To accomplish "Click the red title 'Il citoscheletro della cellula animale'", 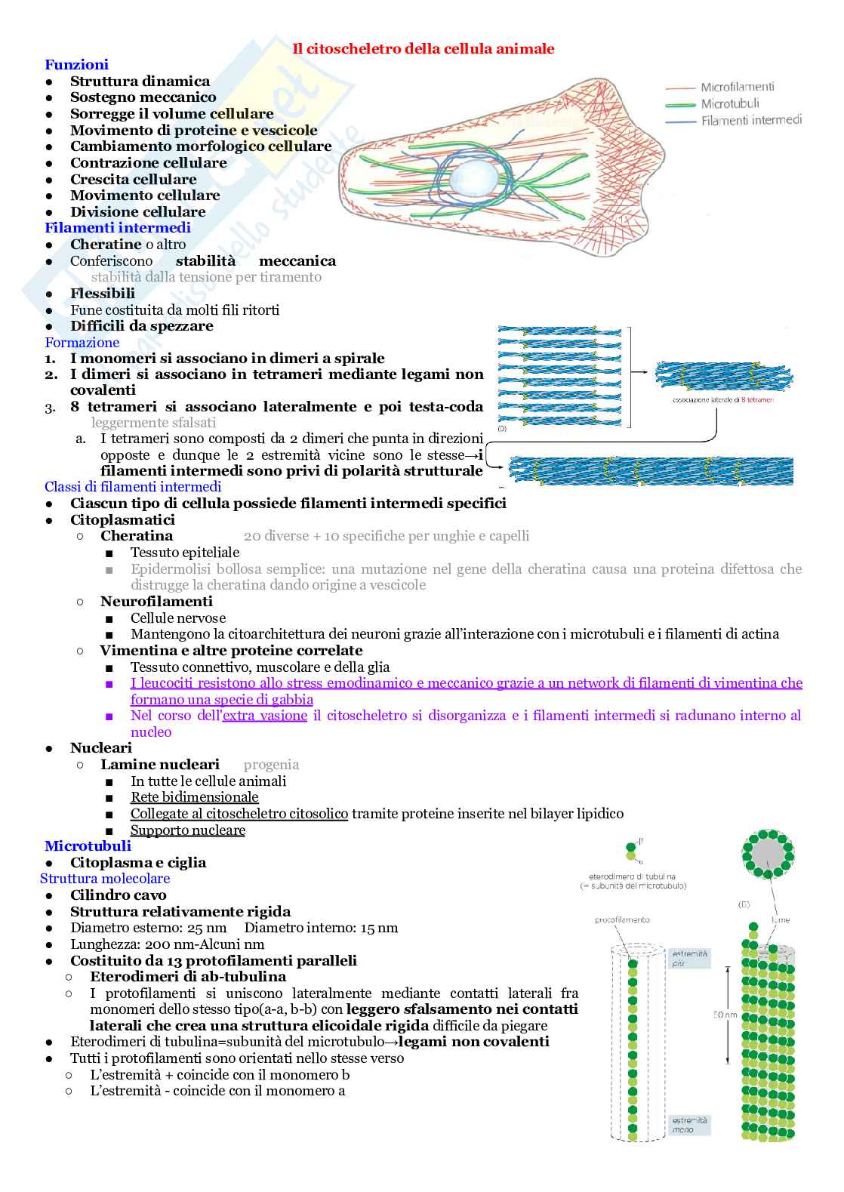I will pyautogui.click(x=423, y=49).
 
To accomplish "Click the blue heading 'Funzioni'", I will pyautogui.click(x=76, y=65).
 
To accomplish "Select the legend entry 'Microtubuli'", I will pyautogui.click(x=729, y=104).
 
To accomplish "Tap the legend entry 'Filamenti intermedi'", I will pyautogui.click(x=750, y=120).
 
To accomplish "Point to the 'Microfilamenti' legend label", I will pyautogui.click(x=737, y=88).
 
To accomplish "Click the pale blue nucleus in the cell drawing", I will pyautogui.click(x=474, y=180).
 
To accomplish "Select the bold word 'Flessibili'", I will pyautogui.click(x=103, y=293).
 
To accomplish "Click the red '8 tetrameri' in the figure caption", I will pyautogui.click(x=757, y=399).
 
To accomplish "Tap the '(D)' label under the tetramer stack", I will pyautogui.click(x=503, y=429).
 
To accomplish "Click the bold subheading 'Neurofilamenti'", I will pyautogui.click(x=156, y=602).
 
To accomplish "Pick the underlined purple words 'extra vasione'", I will pyautogui.click(x=265, y=716).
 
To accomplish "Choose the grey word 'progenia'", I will pyautogui.click(x=271, y=765).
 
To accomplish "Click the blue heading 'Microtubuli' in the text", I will pyautogui.click(x=88, y=846).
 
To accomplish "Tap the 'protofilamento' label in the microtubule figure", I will pyautogui.click(x=622, y=919).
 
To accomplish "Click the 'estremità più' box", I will pyautogui.click(x=690, y=958).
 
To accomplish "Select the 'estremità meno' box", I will pyautogui.click(x=690, y=1125).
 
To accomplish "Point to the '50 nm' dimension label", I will pyautogui.click(x=725, y=1015).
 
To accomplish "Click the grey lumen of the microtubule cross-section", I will pyautogui.click(x=768, y=854).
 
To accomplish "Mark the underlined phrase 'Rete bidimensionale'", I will pyautogui.click(x=194, y=797).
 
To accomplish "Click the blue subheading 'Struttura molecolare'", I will pyautogui.click(x=105, y=879).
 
